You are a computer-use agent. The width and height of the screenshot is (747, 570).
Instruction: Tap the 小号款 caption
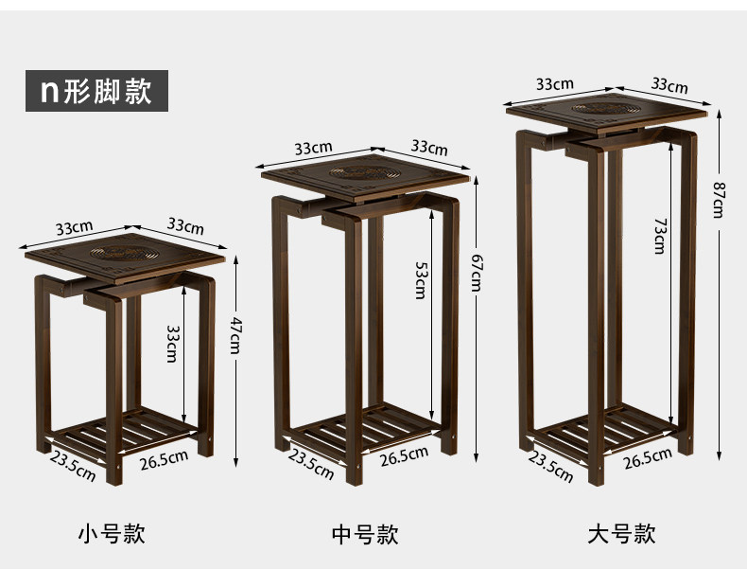tap(112, 533)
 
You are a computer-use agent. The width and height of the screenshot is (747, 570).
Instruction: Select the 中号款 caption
tap(365, 534)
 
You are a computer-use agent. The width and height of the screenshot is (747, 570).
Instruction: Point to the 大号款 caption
tap(621, 534)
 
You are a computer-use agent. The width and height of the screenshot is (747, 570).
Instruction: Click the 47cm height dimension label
tap(235, 336)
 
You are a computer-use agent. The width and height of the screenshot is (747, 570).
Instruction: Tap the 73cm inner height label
tap(659, 235)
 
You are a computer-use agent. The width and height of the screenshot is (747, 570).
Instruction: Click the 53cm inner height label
tap(421, 281)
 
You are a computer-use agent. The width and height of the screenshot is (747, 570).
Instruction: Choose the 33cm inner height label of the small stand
tap(172, 344)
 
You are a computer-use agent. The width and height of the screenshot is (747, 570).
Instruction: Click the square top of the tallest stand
tap(607, 110)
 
